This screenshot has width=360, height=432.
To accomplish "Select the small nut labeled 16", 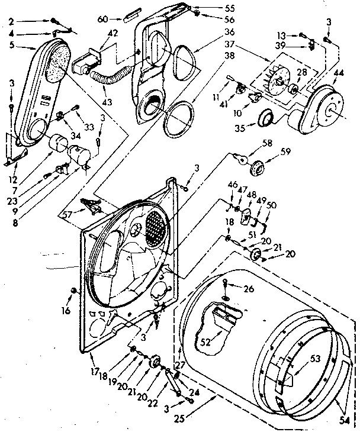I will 73,290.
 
